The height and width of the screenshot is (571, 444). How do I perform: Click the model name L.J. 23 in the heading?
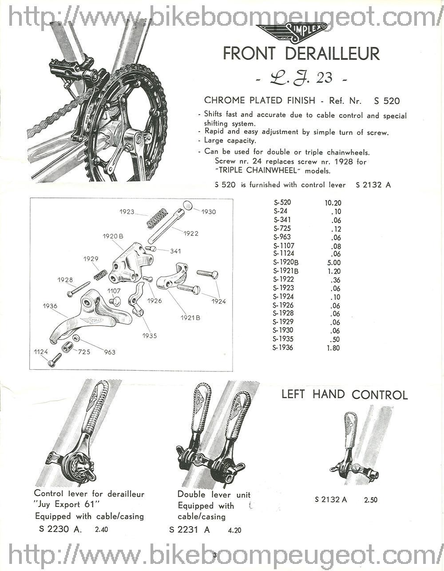(301, 78)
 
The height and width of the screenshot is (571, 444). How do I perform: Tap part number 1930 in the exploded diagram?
(209, 212)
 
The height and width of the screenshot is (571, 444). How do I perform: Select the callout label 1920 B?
(113, 236)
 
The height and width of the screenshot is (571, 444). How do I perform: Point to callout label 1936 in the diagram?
(50, 306)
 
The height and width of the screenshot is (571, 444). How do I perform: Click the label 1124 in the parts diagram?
(41, 352)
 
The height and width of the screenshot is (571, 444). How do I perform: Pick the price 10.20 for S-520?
(333, 203)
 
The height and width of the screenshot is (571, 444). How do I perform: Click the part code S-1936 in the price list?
(283, 348)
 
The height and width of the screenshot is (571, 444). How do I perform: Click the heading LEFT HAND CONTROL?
(345, 395)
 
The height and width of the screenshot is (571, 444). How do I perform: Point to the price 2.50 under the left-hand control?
(371, 500)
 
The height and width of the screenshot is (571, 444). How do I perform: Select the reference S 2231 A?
(190, 529)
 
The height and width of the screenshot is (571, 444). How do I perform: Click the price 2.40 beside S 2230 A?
(101, 529)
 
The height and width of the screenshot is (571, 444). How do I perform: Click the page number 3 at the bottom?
(214, 555)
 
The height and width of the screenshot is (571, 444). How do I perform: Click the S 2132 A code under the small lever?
(331, 500)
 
